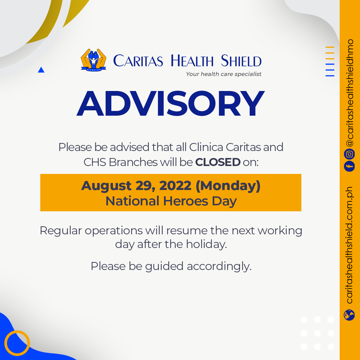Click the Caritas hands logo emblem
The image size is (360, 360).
click(93, 60)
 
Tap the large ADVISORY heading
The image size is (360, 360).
click(171, 104)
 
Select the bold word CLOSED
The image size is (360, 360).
click(218, 162)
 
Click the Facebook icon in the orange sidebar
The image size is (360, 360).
click(349, 166)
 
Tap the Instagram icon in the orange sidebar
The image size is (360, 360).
click(349, 154)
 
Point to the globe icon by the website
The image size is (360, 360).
click(349, 315)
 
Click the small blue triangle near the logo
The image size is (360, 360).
click(41, 70)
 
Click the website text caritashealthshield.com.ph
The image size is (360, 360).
click(349, 245)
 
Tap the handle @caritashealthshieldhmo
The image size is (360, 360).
click(349, 93)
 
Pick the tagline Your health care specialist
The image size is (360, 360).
click(224, 74)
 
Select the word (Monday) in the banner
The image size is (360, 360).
click(228, 186)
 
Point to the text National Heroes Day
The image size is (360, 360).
click(171, 201)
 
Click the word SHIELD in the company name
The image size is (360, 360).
click(241, 61)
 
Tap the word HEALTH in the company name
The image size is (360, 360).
click(192, 61)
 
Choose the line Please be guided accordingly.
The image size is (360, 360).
click(171, 267)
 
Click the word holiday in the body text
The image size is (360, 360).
click(206, 244)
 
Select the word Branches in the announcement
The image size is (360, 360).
click(133, 162)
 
